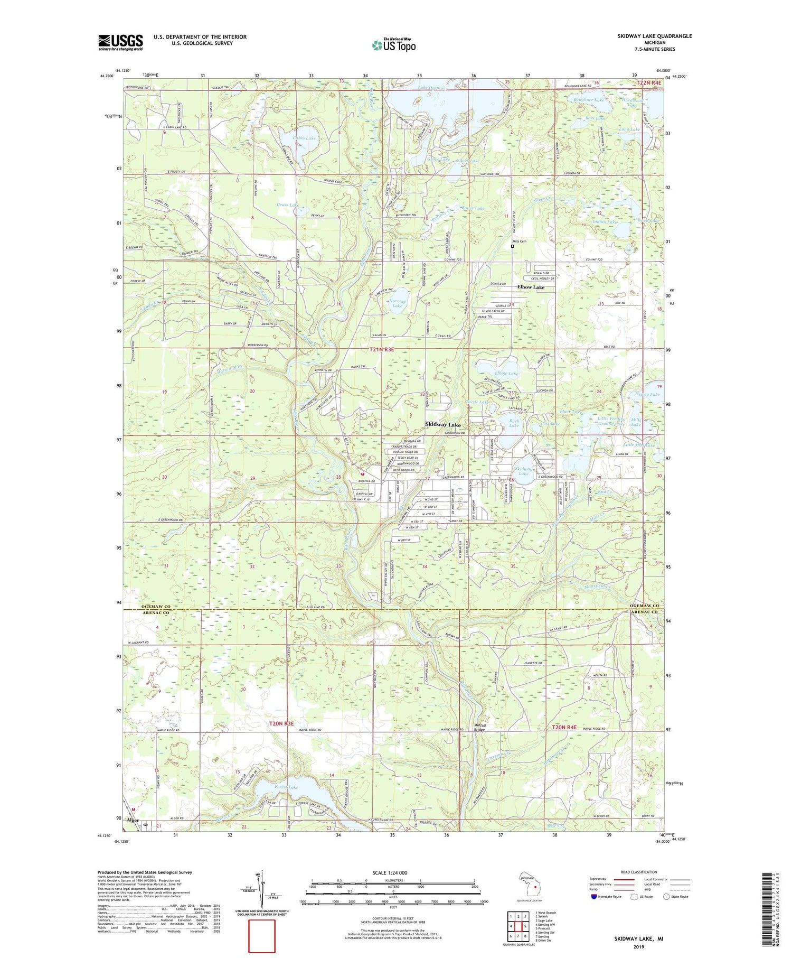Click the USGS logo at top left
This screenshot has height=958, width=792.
point(120,42)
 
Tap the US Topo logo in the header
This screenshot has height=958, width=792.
point(393,45)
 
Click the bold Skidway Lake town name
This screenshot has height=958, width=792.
point(443,425)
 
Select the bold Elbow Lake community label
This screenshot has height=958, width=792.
point(531,287)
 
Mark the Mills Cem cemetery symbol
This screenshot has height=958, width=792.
point(512,246)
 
